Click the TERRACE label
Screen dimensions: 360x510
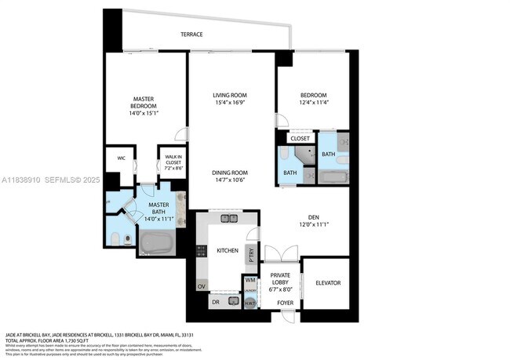[x=191, y=35]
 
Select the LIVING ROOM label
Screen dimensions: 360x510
[x=230, y=96]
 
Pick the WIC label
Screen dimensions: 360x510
[x=122, y=158]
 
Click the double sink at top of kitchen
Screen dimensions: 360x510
[x=229, y=219]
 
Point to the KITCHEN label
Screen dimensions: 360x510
[x=228, y=250]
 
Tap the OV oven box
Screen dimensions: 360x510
[x=201, y=285]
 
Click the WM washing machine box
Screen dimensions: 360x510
[x=250, y=280]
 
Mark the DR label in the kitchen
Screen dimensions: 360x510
[x=215, y=302]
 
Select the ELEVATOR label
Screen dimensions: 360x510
[x=327, y=282]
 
